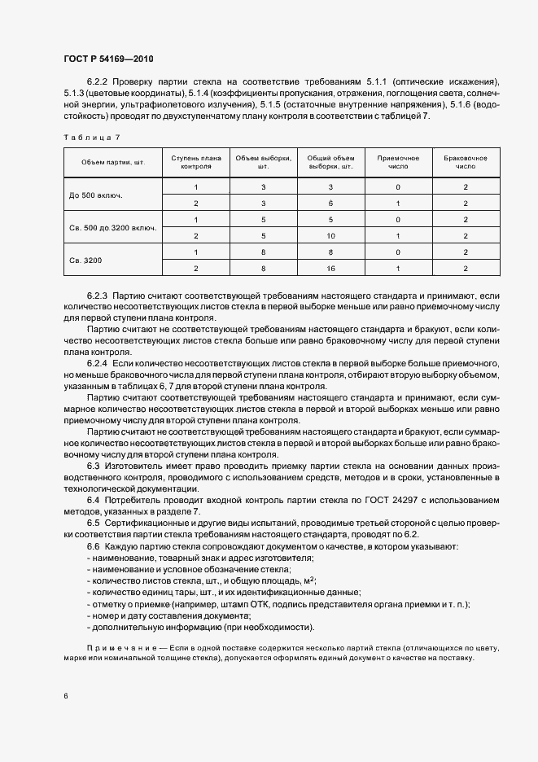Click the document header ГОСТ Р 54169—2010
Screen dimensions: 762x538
108,59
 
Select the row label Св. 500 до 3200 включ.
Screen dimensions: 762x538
113,228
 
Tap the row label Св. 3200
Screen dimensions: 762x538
86,260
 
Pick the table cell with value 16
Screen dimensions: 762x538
330,268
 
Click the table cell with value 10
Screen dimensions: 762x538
330,236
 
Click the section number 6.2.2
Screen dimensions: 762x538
97,82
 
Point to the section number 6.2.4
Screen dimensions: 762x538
97,361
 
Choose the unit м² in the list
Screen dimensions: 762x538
310,580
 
